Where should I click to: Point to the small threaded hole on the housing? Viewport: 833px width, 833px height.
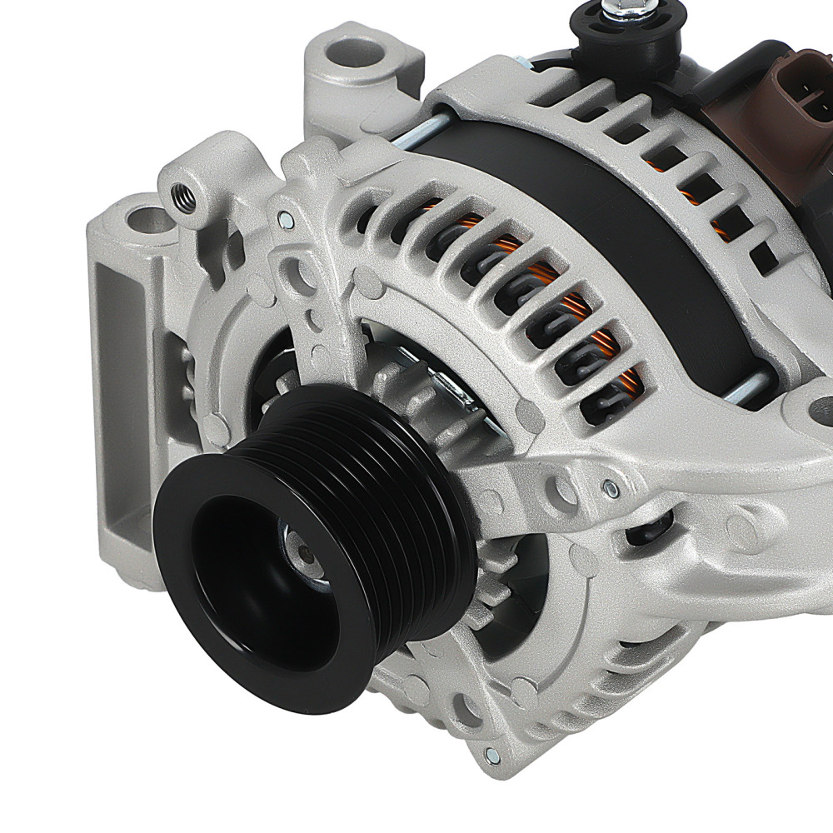[182, 197]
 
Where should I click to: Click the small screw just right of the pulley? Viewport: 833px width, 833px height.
[612, 489]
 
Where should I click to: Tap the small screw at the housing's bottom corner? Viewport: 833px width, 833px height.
[492, 756]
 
